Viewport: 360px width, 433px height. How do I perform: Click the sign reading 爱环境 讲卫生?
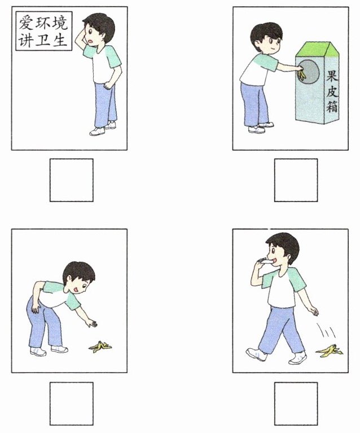(x=43, y=31)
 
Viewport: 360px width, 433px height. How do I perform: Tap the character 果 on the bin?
(x=332, y=76)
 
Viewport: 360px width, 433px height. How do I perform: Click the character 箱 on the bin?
(x=332, y=106)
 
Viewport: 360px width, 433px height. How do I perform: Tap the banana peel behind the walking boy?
(x=330, y=350)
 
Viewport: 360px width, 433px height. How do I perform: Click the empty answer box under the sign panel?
(x=72, y=180)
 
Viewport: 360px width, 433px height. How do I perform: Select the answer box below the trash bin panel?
(x=296, y=180)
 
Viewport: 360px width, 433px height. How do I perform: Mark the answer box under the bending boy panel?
(x=72, y=404)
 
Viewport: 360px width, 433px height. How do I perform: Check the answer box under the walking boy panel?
(x=296, y=404)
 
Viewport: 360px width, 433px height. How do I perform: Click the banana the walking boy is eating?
(x=265, y=260)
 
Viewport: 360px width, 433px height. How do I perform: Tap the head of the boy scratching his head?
(x=98, y=30)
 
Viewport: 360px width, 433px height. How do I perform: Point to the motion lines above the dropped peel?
(x=326, y=330)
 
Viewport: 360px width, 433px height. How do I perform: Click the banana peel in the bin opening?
(x=302, y=75)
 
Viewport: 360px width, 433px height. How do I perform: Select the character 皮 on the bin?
(x=332, y=91)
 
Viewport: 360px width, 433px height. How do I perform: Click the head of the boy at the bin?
(x=266, y=38)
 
